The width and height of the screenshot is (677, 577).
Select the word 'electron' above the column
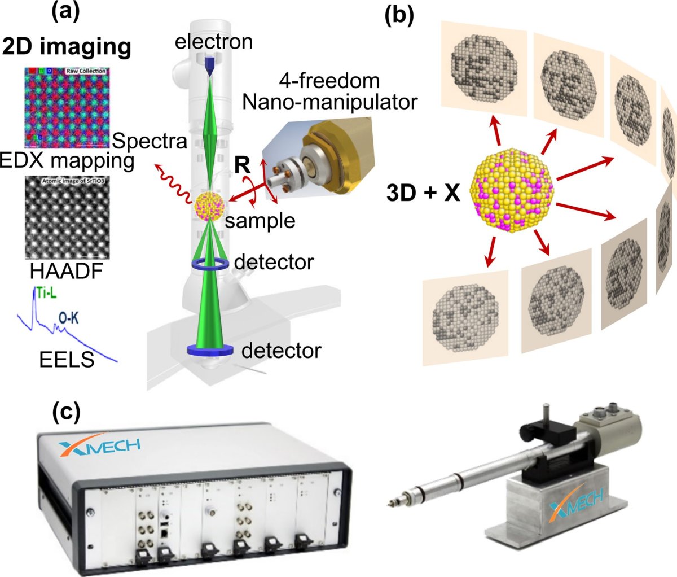(x=214, y=41)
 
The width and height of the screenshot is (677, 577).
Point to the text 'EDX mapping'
(x=67, y=161)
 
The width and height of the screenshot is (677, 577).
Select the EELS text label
(x=67, y=359)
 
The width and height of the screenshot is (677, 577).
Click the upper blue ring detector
(x=209, y=264)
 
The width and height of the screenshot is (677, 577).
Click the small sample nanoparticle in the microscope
(x=209, y=206)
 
